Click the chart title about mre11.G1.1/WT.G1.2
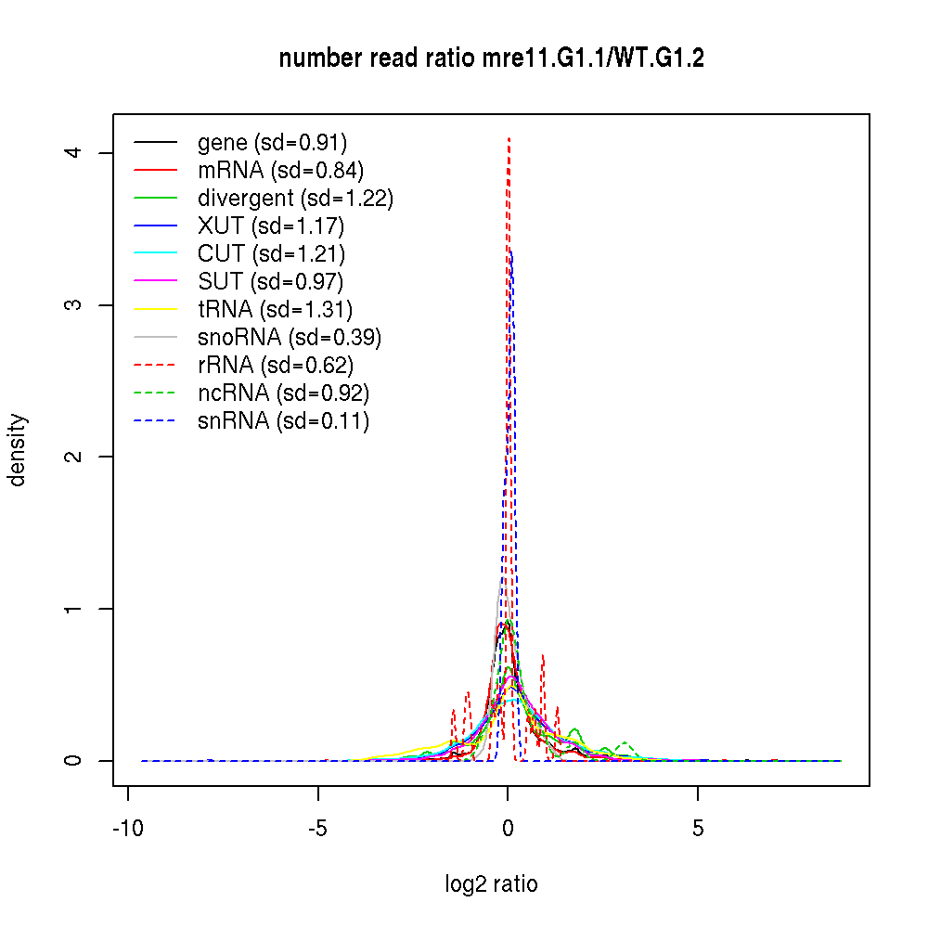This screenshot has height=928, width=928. pyautogui.click(x=491, y=59)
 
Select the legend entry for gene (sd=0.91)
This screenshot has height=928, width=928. pyautogui.click(x=272, y=143)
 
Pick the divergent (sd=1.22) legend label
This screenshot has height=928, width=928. pyautogui.click(x=295, y=199)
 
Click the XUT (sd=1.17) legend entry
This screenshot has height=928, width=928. pyautogui.click(x=271, y=226)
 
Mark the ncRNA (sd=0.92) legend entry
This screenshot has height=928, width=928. pyautogui.click(x=283, y=393)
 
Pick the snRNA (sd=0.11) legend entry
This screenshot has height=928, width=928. pyautogui.click(x=283, y=421)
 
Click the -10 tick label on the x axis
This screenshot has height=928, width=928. pyautogui.click(x=128, y=829)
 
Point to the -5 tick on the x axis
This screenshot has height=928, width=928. pyautogui.click(x=318, y=829)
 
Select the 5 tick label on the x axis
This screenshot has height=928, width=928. pyautogui.click(x=698, y=829)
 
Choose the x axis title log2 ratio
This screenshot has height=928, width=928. pyautogui.click(x=491, y=884)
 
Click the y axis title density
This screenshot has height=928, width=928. pyautogui.click(x=19, y=449)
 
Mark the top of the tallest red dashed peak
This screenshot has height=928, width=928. pyautogui.click(x=509, y=138)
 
